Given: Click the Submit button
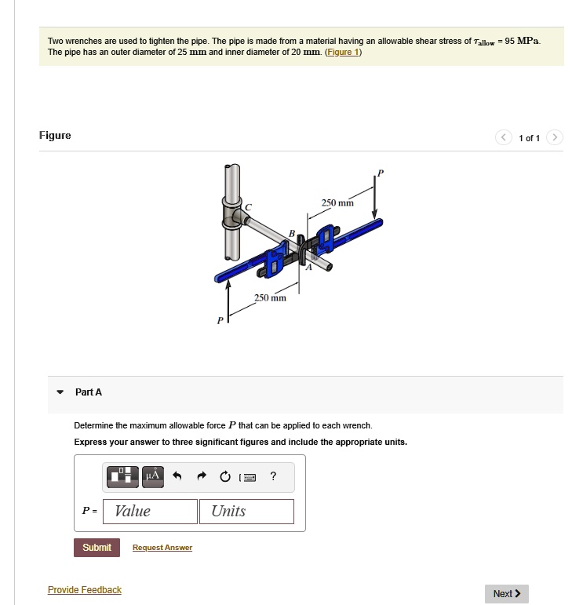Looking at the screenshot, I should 97,547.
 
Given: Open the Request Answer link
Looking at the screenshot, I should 162,548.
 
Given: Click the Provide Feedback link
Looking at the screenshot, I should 85,589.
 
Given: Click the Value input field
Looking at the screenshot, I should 152,512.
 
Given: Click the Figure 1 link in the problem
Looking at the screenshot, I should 343,52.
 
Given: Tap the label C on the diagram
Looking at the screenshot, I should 250,206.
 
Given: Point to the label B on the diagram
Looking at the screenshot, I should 292,233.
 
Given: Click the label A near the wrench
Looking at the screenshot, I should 308,267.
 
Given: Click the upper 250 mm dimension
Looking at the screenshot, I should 337,203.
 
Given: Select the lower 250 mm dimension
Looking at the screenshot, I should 270,298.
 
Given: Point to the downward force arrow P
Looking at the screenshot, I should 375,196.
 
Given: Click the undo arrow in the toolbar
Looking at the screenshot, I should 177,476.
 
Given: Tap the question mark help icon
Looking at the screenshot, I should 272,476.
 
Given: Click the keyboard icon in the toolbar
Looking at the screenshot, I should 249,476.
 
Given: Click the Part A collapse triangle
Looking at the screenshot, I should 60,392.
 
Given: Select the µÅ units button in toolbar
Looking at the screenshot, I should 153,476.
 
